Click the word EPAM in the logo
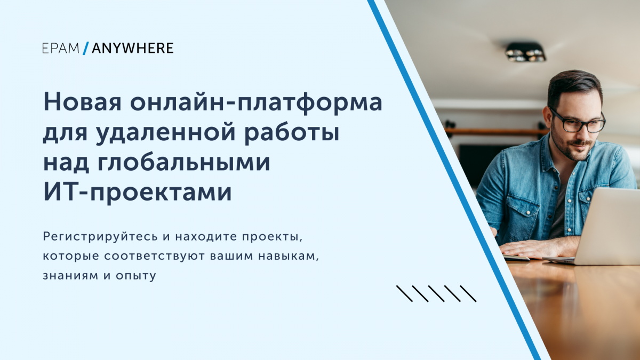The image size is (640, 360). [61, 49]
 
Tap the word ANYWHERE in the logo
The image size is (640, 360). [133, 49]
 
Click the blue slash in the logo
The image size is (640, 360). [86, 49]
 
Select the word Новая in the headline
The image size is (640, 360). [82, 102]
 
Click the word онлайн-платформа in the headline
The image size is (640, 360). [256, 103]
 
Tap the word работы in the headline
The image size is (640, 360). [292, 133]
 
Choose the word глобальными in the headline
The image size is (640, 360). [183, 162]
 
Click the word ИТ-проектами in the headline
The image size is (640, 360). [138, 193]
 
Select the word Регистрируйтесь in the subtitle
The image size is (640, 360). [100, 237]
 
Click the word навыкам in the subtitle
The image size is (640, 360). [289, 257]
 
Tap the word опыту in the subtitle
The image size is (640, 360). [136, 276]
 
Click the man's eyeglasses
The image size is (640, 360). [579, 122]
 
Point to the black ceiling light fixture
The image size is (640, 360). [525, 52]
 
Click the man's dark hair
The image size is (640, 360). [574, 86]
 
